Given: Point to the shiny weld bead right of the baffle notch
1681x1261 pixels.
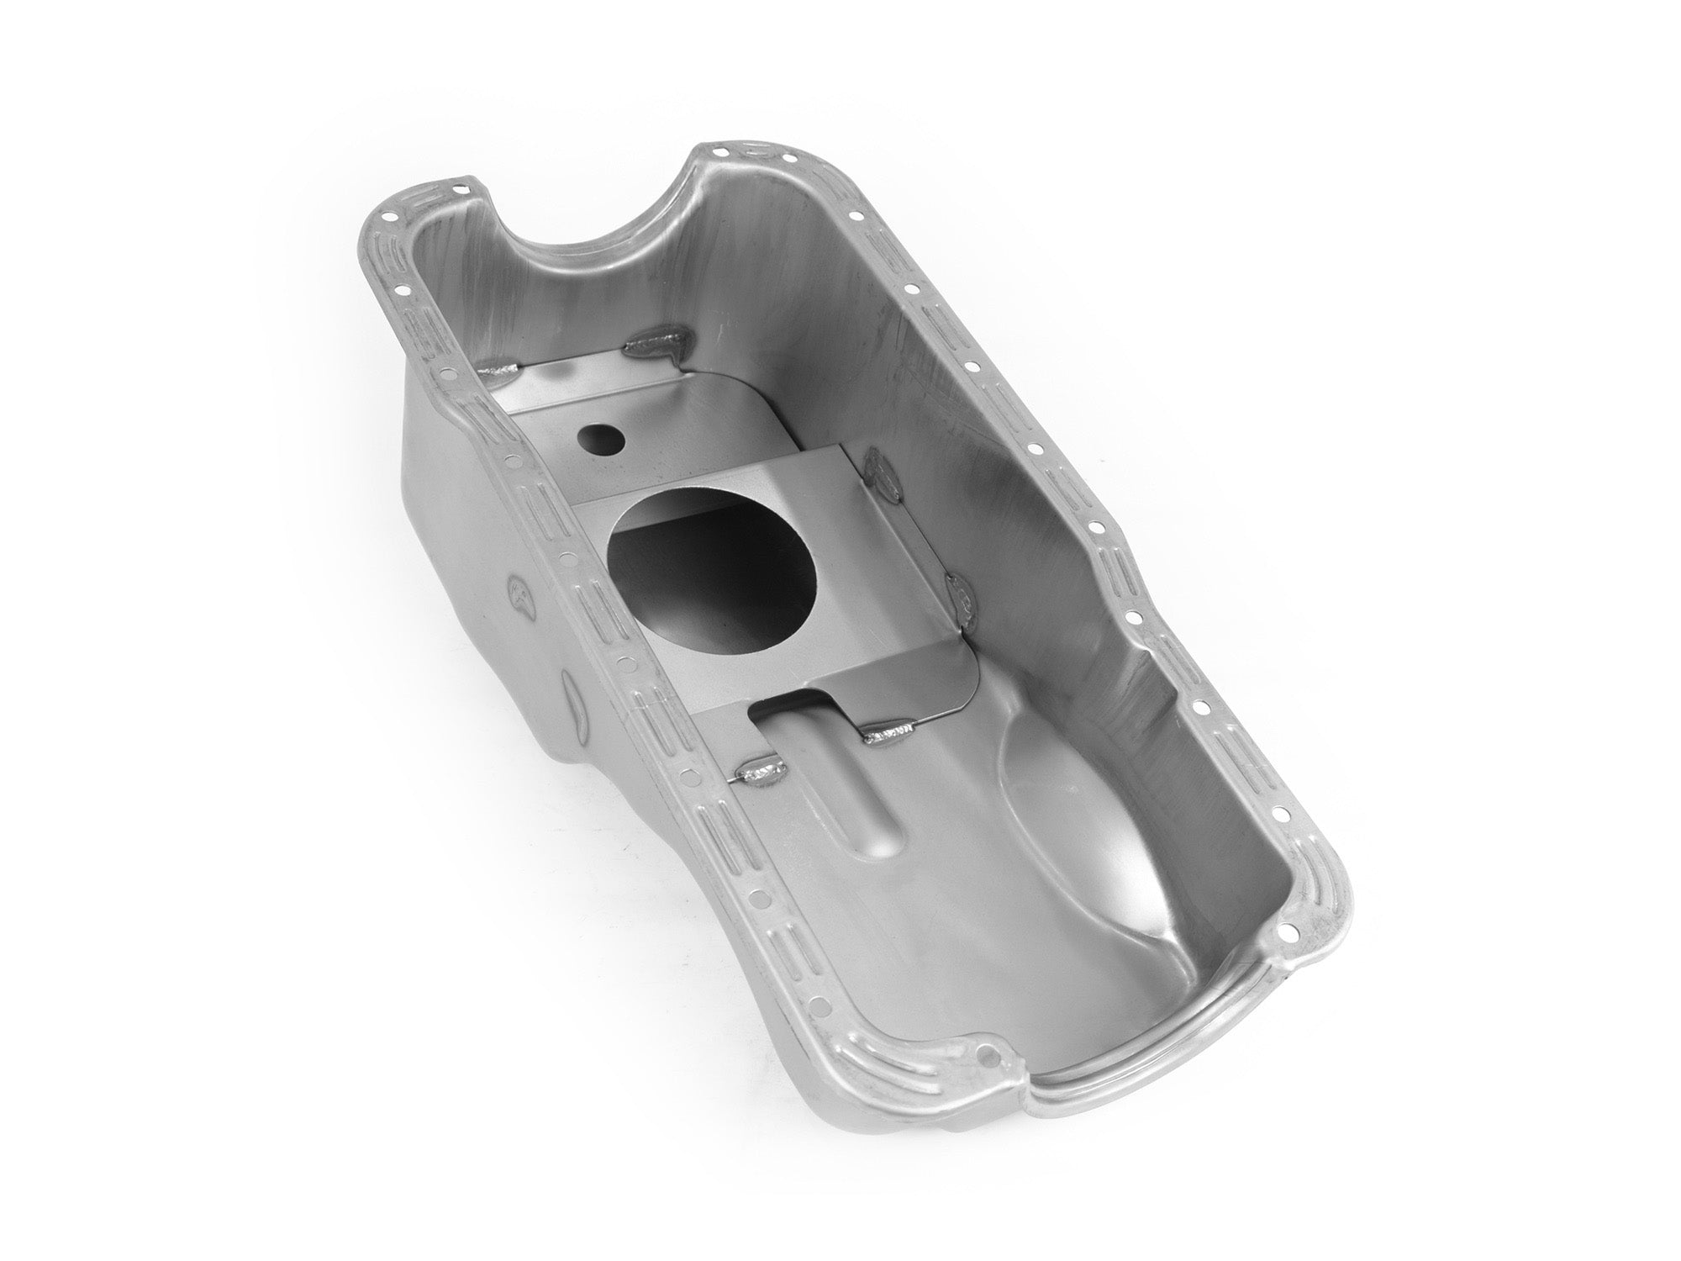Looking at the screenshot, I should (886, 736).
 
